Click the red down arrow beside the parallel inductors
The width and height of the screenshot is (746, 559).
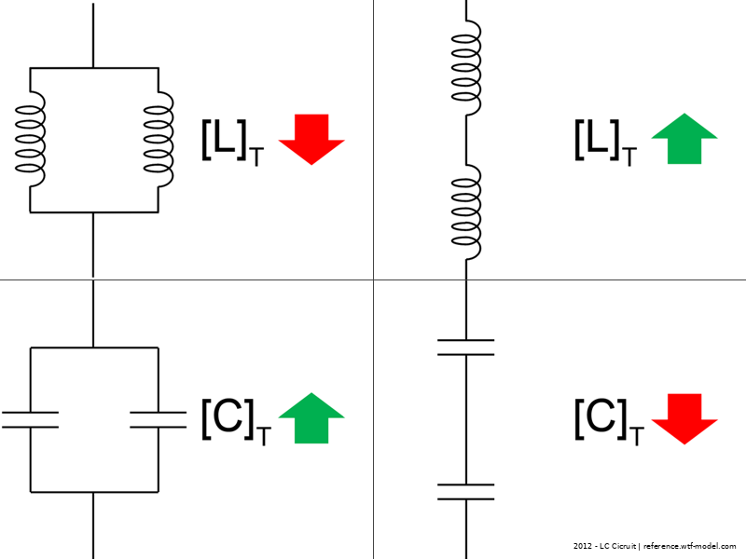click(311, 138)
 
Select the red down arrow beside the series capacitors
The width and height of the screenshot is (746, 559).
click(684, 416)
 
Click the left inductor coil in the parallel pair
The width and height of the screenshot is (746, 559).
click(30, 140)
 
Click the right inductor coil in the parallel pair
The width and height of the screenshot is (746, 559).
click(158, 140)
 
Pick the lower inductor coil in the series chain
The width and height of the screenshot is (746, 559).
click(465, 211)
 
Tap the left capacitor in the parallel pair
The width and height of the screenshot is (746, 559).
click(30, 418)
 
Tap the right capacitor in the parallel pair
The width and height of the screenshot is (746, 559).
click(158, 418)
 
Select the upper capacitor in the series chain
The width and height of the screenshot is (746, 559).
click(465, 348)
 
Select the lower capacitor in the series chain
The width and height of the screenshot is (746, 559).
click(465, 492)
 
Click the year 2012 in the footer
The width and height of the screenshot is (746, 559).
click(583, 546)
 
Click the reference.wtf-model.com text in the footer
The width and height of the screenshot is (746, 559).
click(690, 546)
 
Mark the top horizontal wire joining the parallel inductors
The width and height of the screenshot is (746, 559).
click(93, 68)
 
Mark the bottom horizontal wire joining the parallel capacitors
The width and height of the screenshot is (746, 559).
click(93, 491)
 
